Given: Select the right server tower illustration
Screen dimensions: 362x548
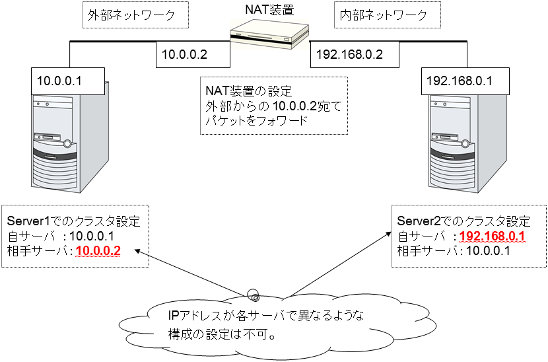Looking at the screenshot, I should [465, 142].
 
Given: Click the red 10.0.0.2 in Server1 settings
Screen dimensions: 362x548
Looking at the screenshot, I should [98, 250].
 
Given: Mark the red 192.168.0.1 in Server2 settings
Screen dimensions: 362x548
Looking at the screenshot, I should [491, 236].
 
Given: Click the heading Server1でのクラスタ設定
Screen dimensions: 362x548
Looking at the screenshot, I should [73, 221].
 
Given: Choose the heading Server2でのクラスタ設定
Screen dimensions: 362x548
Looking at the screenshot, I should [464, 221].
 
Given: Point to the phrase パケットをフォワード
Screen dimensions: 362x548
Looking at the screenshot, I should [253, 121].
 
